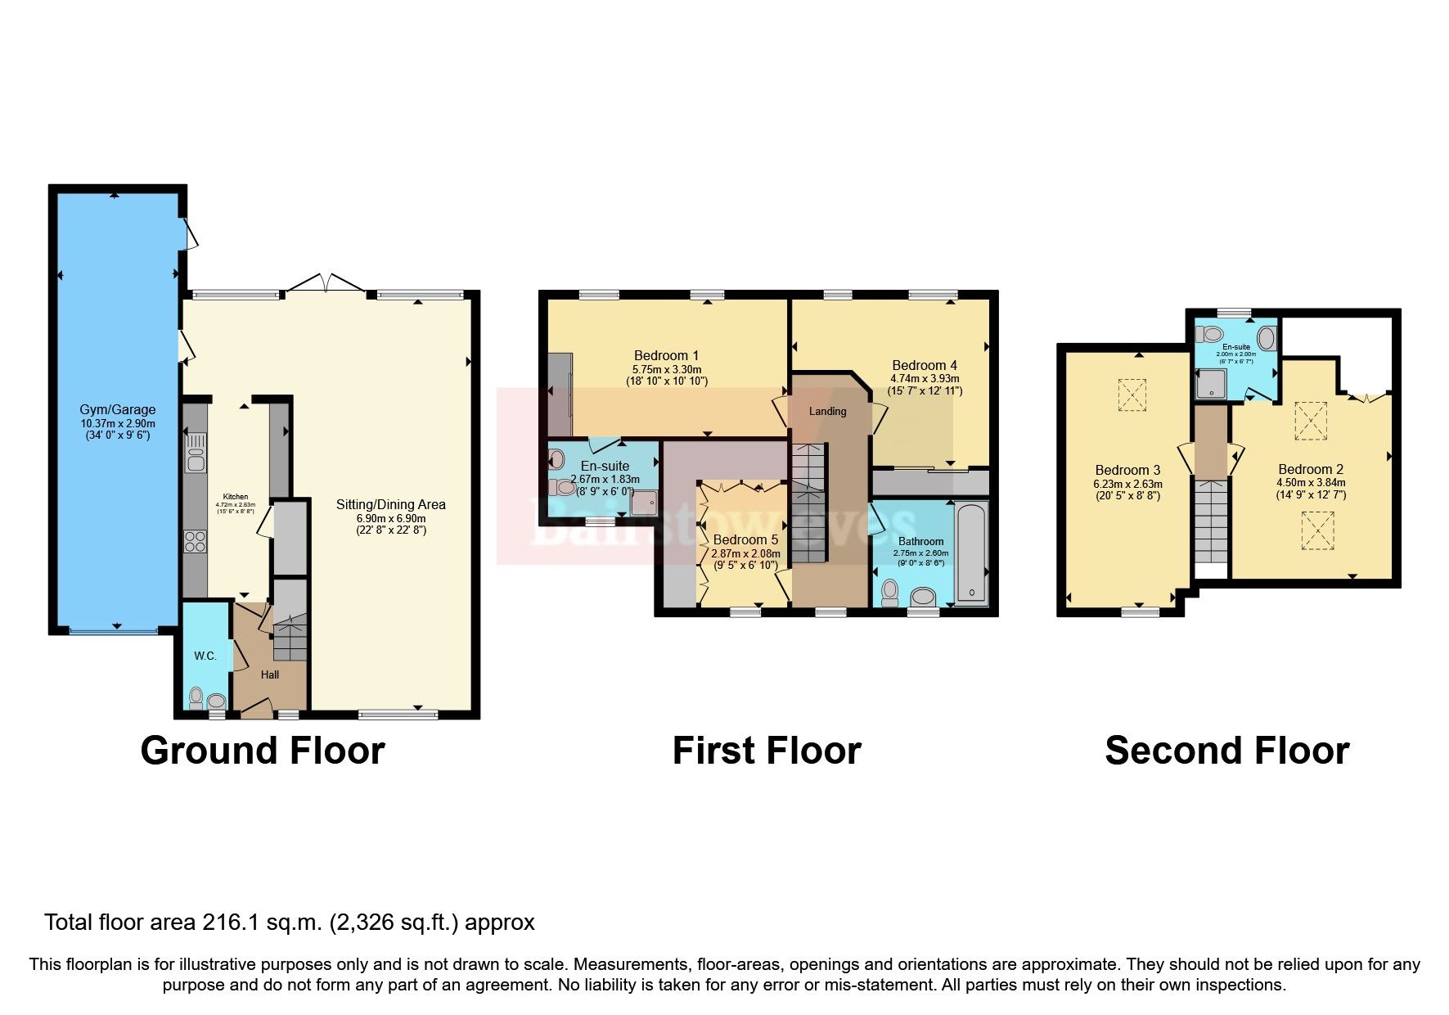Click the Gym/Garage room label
tap(117, 409)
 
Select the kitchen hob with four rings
tap(196, 542)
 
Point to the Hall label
tap(270, 674)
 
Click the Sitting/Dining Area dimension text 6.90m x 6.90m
tap(390, 518)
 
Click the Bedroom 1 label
tap(666, 355)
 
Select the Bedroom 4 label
tap(925, 365)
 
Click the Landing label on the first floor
tap(827, 411)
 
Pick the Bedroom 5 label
tap(745, 539)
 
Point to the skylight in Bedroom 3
tap(1132, 395)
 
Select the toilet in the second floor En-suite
tap(1208, 334)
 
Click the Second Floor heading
tap(1226, 751)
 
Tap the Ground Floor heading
tap(262, 751)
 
